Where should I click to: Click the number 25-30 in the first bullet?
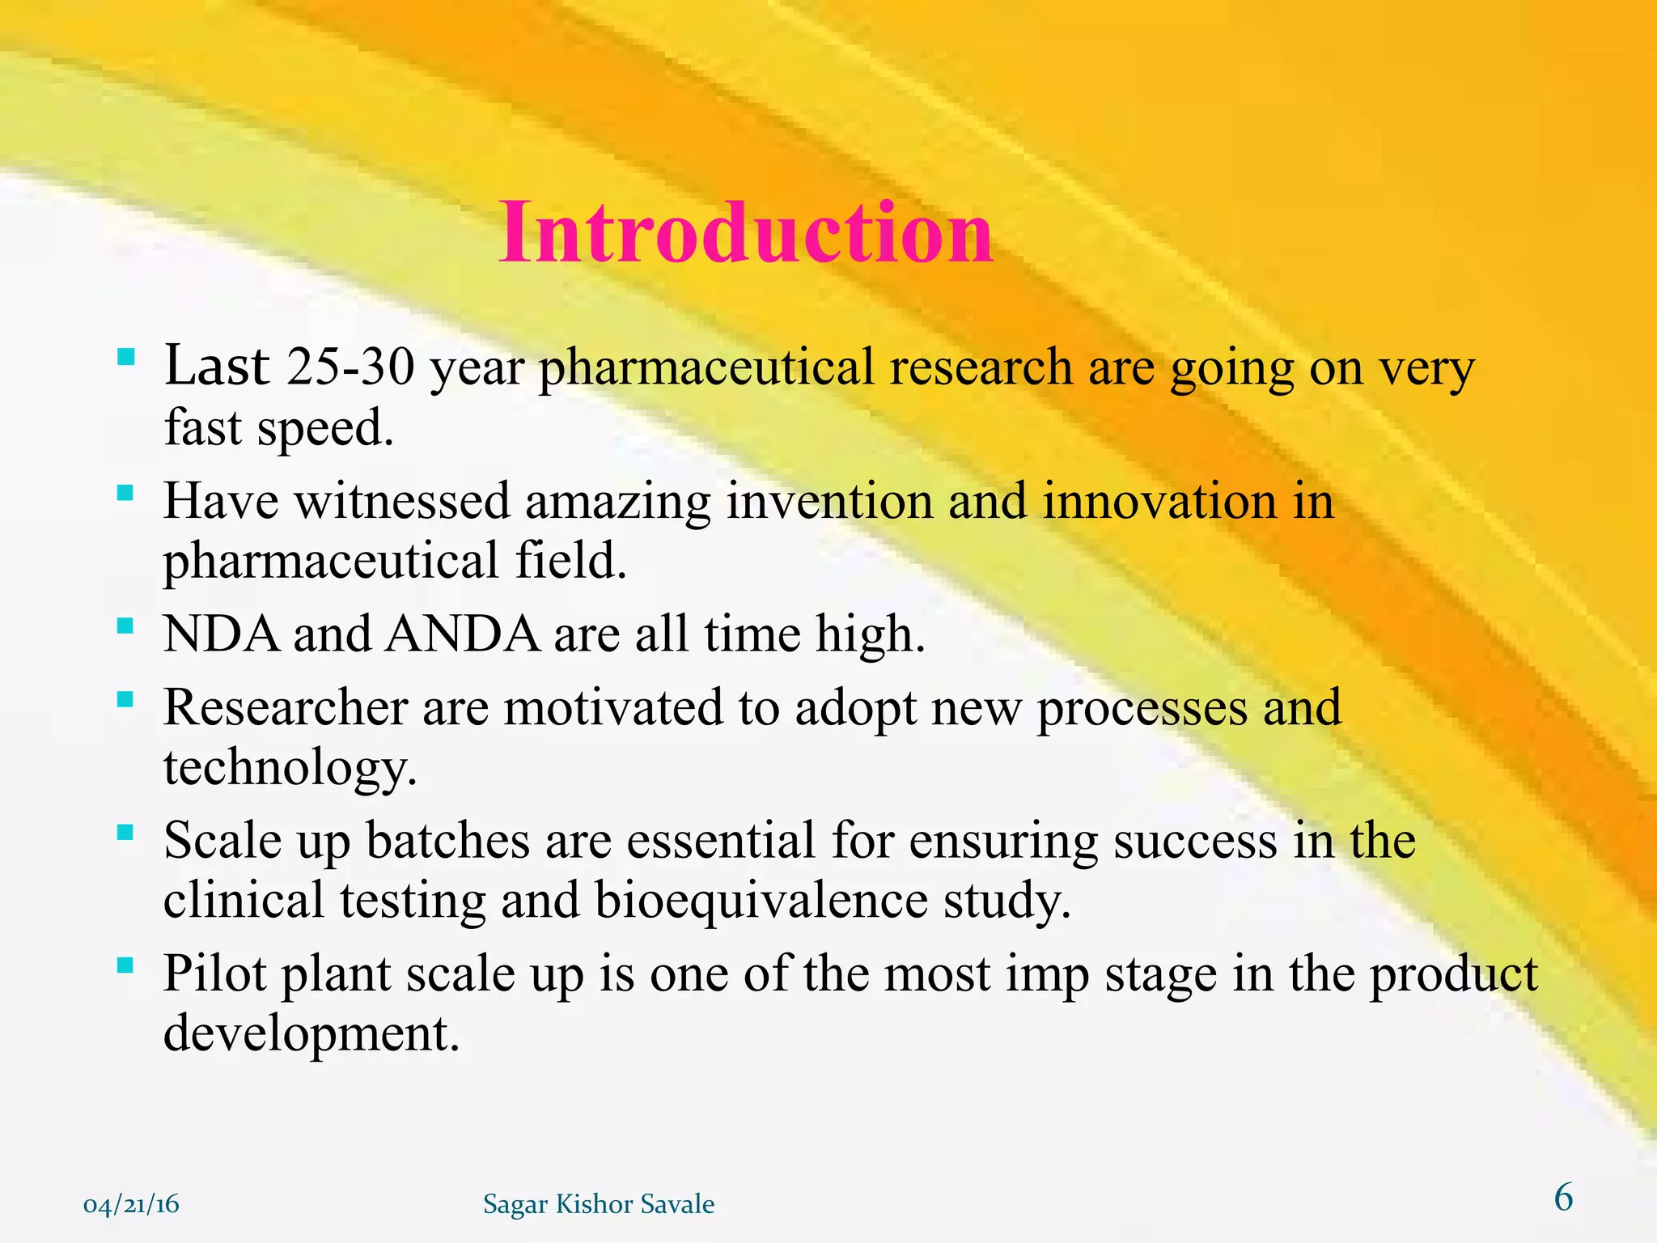point(350,367)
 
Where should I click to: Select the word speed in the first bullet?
point(324,427)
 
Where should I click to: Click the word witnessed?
point(402,501)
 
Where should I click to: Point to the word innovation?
point(1159,501)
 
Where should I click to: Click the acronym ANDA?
point(463,634)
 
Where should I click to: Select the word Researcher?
point(285,707)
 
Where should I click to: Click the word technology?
point(290,767)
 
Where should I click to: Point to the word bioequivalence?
point(761,900)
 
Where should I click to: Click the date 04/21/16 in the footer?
point(131,1205)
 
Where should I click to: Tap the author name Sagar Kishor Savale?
point(599,1204)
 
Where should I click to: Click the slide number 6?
point(1563,1198)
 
